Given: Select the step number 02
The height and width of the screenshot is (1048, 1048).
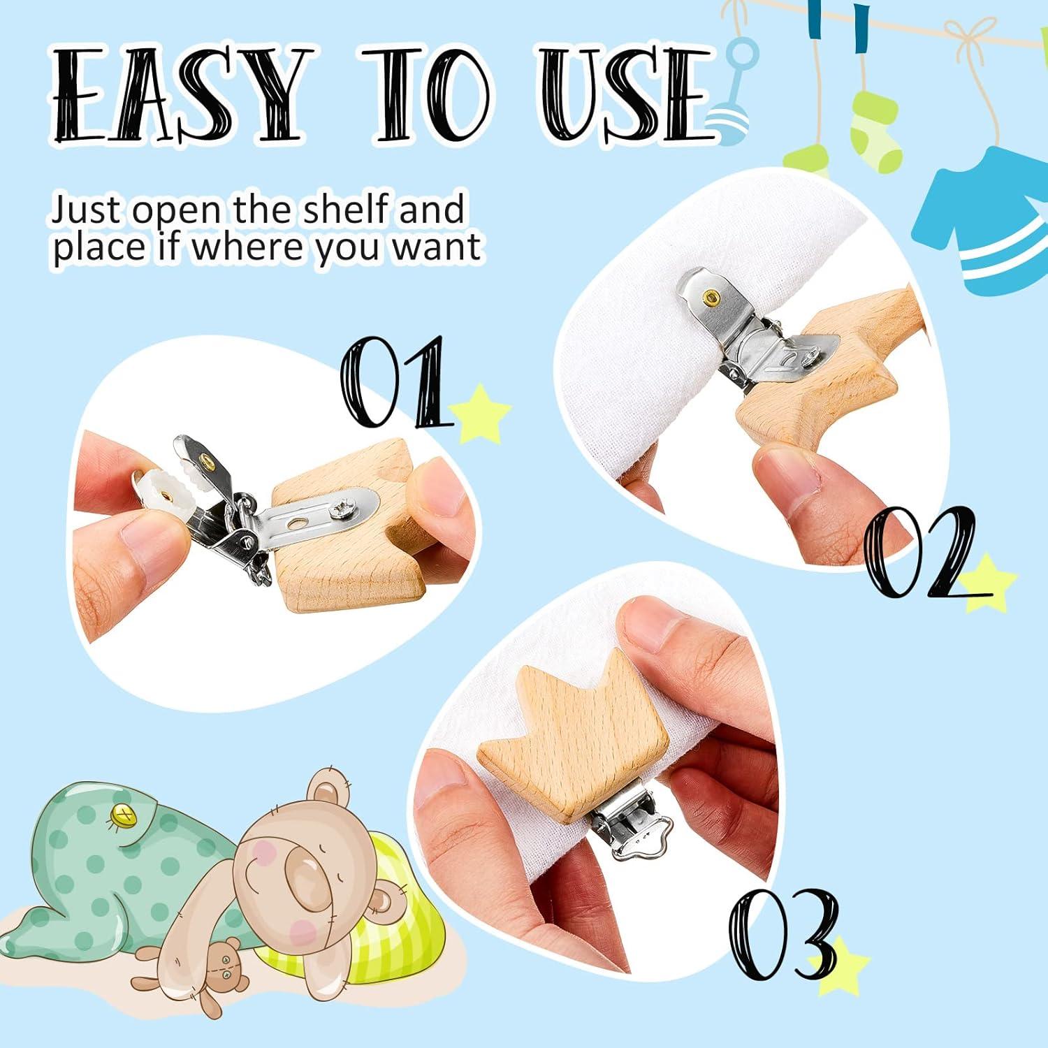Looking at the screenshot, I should pos(921,552).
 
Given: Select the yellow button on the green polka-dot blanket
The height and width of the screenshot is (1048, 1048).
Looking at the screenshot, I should pos(124,815).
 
